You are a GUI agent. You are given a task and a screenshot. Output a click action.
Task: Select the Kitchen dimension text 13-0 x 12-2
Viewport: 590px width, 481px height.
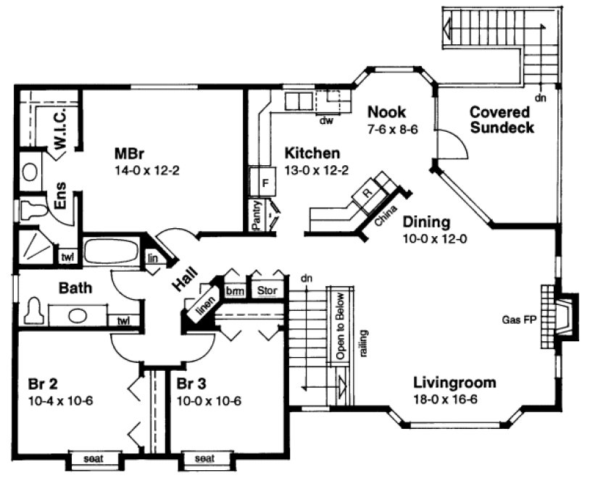tap(312, 171)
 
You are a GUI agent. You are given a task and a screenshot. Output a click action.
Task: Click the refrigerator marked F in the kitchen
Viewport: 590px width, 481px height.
tap(265, 183)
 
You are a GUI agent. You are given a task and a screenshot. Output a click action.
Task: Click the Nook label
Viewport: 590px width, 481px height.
tap(386, 112)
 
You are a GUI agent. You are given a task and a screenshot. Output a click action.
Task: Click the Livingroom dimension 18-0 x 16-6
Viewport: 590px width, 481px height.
tap(454, 399)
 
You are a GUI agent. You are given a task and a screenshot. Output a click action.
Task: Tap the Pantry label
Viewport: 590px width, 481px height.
tap(257, 216)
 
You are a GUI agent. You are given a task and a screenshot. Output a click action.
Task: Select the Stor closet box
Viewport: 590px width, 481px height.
tap(267, 291)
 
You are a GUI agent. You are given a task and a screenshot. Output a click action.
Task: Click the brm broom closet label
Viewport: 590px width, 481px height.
tap(234, 291)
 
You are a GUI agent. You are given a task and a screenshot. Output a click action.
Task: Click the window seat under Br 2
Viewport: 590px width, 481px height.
tap(93, 459)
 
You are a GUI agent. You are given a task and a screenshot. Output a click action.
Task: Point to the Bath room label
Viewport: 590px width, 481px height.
tap(75, 288)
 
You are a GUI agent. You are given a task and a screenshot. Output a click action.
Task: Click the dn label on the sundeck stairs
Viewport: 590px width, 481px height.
tap(539, 97)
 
